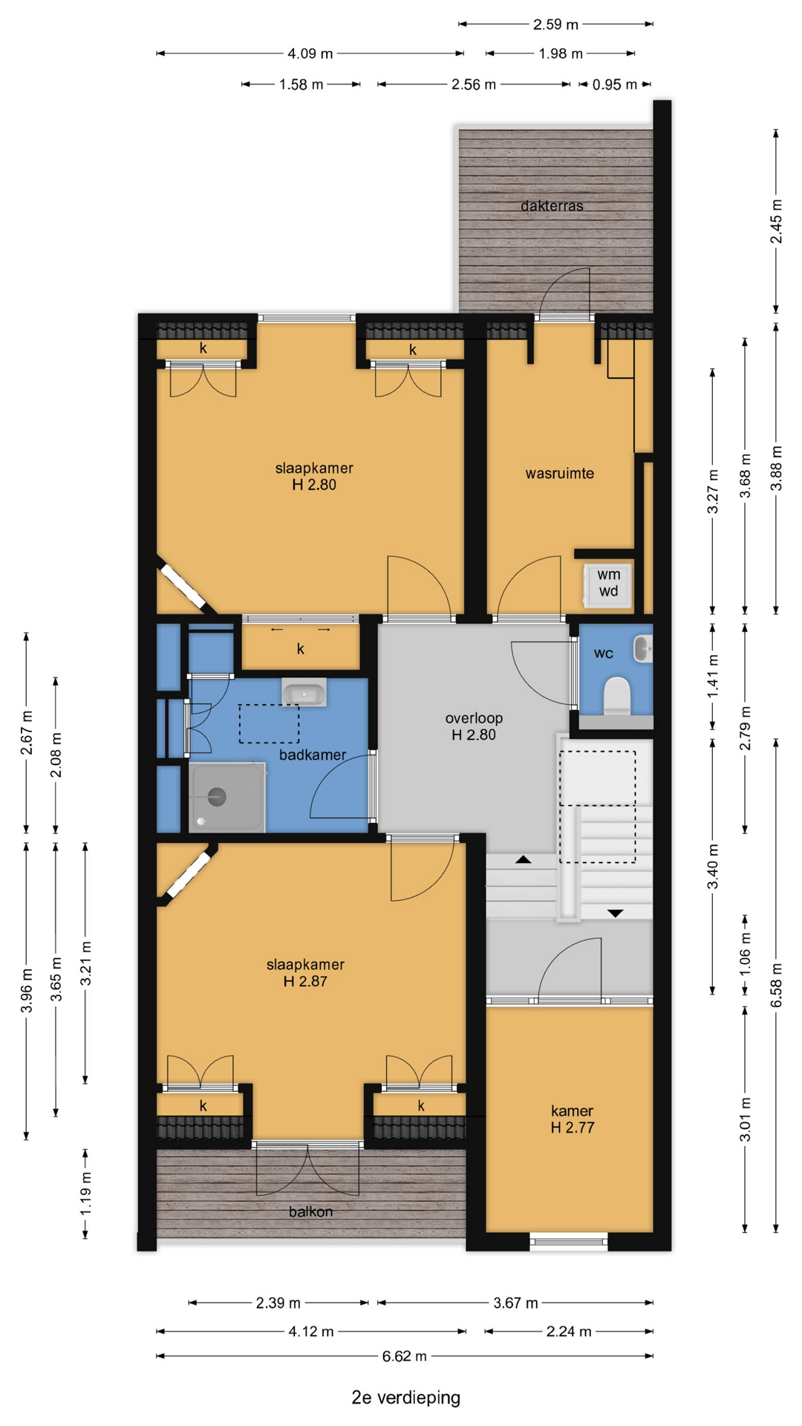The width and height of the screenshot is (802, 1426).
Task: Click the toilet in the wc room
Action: [616, 696]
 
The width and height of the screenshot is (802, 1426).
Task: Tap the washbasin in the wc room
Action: [642, 648]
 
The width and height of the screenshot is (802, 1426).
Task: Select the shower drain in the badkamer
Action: [216, 797]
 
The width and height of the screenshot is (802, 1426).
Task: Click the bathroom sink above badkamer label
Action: [304, 692]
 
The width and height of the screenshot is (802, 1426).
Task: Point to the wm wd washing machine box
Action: [608, 584]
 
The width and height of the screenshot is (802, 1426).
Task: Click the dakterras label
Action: [552, 206]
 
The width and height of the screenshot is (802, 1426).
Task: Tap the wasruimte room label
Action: [559, 473]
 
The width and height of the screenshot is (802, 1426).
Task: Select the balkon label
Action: [310, 1211]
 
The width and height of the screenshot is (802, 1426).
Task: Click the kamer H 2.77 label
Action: [572, 1119]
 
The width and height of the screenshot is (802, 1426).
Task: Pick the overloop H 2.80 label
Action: [474, 726]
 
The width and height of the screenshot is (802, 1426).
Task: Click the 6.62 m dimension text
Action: [404, 1356]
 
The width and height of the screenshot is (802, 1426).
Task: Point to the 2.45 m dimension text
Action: [776, 221]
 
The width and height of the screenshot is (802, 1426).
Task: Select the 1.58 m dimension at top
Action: [301, 85]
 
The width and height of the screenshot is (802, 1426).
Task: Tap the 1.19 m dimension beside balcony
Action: [85, 1194]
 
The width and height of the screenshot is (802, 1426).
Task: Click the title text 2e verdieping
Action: [405, 1398]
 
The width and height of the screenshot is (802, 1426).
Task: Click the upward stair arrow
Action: [523, 859]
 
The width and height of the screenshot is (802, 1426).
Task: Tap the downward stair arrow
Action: [616, 913]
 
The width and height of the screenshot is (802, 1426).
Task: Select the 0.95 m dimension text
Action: [614, 85]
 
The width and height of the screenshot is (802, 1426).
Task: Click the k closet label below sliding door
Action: [301, 649]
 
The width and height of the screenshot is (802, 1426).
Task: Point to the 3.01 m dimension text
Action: [746, 1119]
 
